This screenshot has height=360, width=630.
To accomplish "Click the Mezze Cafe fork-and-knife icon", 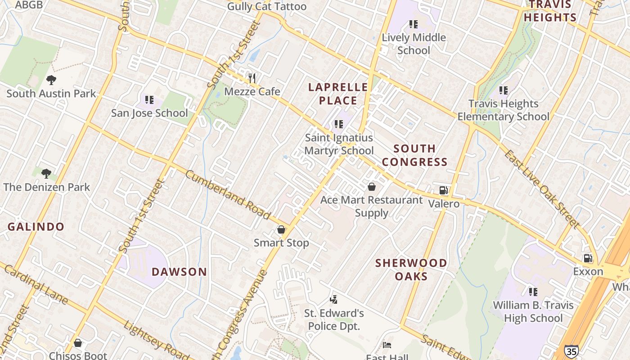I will [252, 78].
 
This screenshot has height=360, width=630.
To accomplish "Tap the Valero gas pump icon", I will [443, 190].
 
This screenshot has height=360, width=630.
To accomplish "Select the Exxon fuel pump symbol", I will [588, 258].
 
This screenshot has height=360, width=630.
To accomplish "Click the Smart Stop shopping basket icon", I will [281, 229].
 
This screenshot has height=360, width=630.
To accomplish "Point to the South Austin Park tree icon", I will [51, 80].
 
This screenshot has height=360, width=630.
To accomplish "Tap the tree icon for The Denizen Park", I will [46, 173].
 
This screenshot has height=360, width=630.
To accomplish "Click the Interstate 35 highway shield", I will [571, 351].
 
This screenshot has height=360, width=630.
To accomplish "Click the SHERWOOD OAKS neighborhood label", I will [411, 269].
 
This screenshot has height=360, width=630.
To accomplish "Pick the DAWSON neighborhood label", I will [179, 272].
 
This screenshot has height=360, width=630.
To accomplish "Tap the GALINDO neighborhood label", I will [36, 226].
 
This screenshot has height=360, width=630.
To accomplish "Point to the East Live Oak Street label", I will [541, 189].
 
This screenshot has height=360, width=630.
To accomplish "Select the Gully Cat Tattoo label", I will [266, 6].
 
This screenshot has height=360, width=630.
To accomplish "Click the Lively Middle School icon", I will [413, 24].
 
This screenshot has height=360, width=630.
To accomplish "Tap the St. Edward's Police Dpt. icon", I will [333, 299].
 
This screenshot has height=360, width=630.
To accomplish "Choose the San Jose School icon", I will [149, 99].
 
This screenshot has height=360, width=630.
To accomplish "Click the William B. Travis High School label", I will [533, 311].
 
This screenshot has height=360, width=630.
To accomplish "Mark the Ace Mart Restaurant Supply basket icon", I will [372, 186].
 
